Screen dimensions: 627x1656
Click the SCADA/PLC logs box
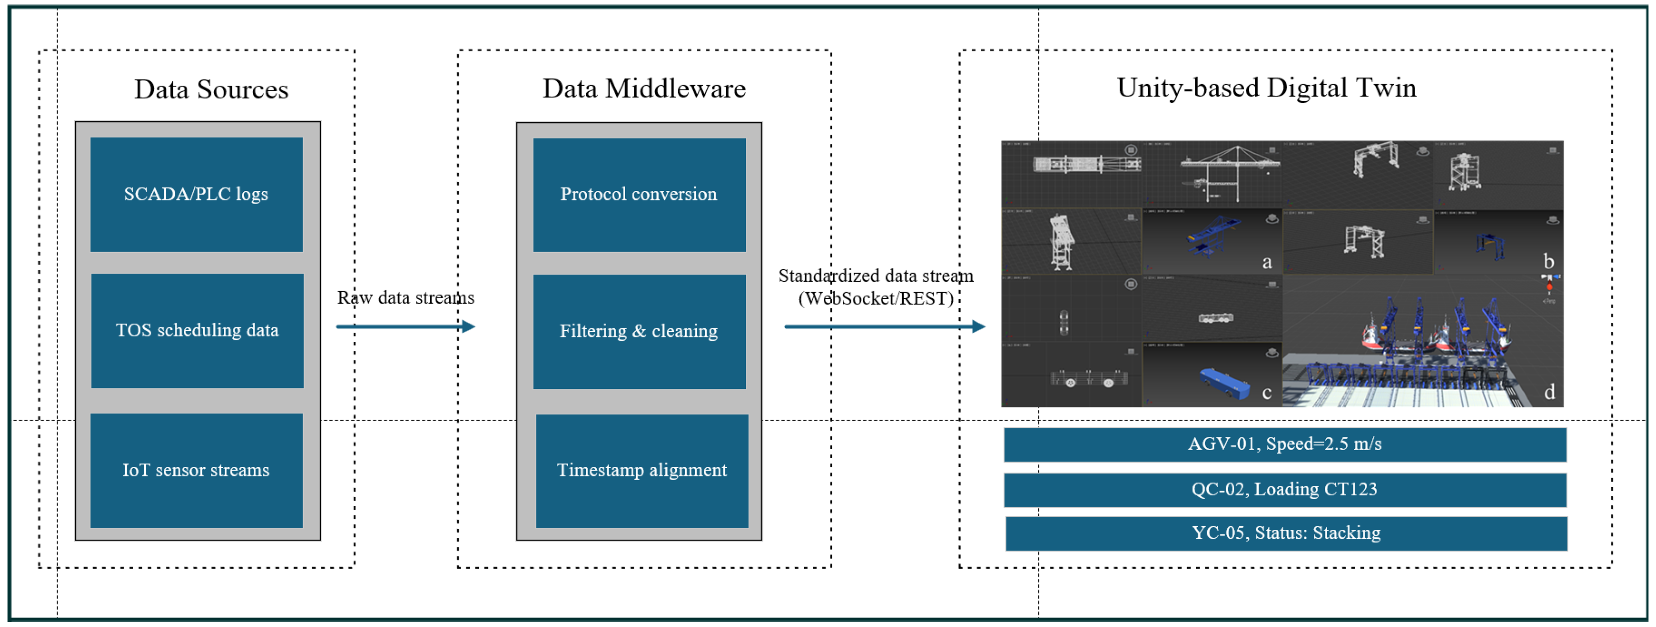[196, 194]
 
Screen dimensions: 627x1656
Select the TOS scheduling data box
[197, 331]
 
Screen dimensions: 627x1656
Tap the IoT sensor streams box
[196, 470]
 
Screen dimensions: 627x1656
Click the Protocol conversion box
[639, 194]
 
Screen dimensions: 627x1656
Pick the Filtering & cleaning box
[639, 331]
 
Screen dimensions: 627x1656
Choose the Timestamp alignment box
[642, 470]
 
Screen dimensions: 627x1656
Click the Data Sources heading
[211, 89]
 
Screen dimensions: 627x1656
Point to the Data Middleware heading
[644, 89]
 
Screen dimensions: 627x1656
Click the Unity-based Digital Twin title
[1266, 87]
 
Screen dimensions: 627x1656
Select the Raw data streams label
[406, 298]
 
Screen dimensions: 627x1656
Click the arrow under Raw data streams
[405, 327]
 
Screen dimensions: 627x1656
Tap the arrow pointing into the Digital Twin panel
[885, 327]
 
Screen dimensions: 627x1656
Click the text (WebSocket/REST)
[876, 298]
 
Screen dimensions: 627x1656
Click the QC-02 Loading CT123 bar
[1284, 489]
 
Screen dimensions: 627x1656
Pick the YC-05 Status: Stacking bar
[1286, 533]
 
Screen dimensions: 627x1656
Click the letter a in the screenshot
[1266, 262]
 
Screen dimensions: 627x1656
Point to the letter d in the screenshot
[1549, 391]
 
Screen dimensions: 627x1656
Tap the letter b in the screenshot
[1549, 261]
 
